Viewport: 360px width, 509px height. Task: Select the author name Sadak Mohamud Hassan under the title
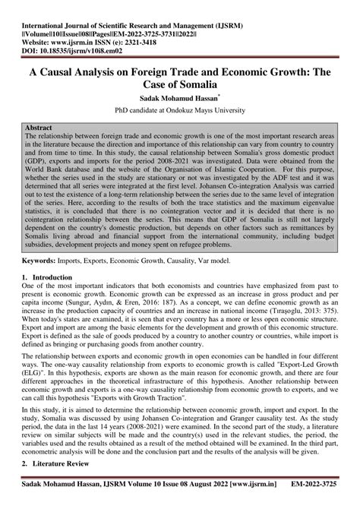point(177,99)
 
